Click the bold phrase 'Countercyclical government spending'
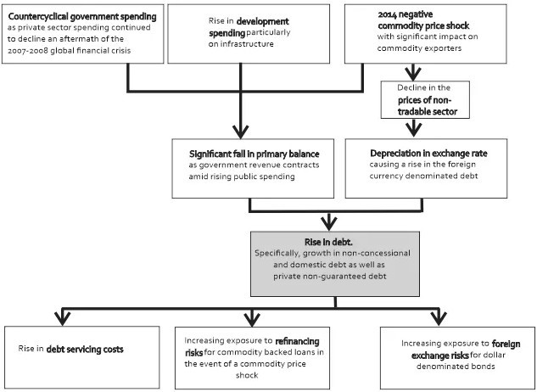(82, 16)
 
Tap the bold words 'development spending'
(249, 27)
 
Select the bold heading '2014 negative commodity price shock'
(423, 20)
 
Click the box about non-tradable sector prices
(425, 100)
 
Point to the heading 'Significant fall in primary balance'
(255, 154)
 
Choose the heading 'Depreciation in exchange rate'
(428, 154)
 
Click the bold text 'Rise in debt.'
(328, 242)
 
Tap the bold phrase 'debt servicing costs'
(85, 350)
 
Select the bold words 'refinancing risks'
(253, 346)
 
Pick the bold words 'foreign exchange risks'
(466, 350)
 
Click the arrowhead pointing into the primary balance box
(240, 132)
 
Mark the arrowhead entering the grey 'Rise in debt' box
(329, 223)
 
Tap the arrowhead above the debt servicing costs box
(62, 318)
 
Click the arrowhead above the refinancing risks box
(253, 319)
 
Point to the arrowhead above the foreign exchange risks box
(439, 318)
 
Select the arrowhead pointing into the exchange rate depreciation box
(413, 130)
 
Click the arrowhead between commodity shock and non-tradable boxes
(413, 73)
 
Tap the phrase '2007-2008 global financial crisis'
(70, 50)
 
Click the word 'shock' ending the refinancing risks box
(247, 375)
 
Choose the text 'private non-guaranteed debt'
(329, 277)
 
